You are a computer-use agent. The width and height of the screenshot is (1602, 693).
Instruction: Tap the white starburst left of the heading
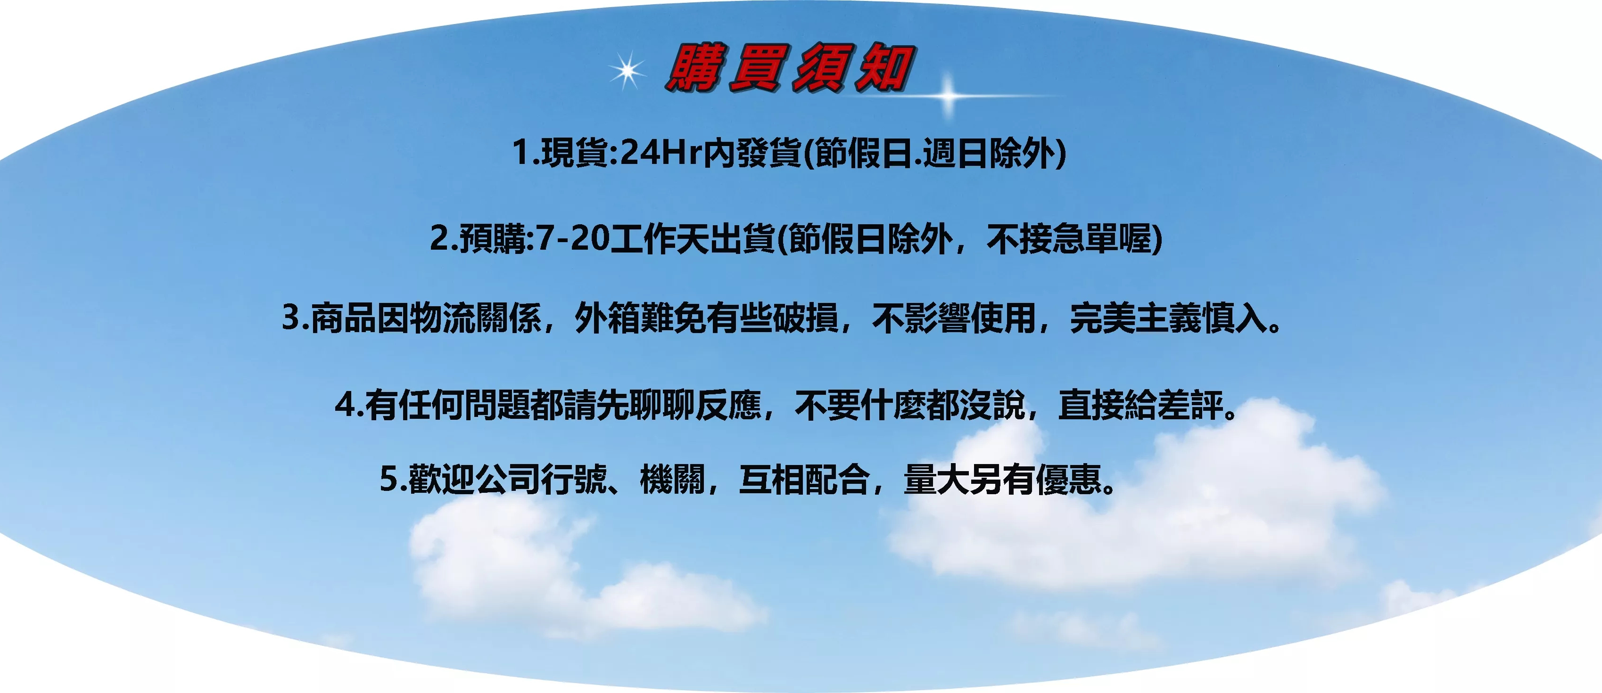[628, 70]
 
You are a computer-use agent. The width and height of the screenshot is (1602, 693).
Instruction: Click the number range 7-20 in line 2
[572, 238]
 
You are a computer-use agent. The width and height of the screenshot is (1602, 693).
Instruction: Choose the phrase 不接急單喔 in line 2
[1070, 238]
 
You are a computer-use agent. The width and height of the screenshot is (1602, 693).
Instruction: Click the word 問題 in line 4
[496, 405]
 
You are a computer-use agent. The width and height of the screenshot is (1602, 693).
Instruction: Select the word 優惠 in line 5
[1069, 479]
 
